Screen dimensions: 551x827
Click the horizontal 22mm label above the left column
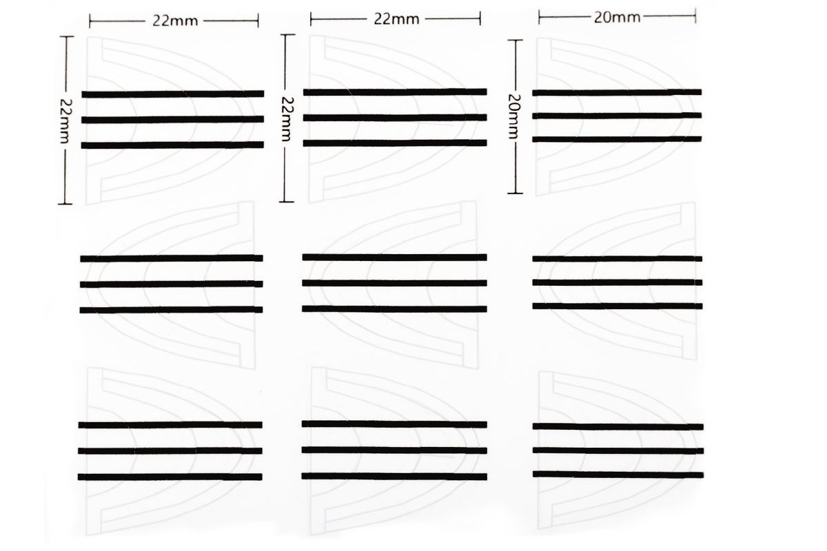pyautogui.click(x=175, y=21)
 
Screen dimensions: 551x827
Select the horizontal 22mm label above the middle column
pyautogui.click(x=396, y=19)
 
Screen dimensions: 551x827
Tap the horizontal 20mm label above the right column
pyautogui.click(x=617, y=17)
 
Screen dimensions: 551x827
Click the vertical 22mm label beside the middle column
pyautogui.click(x=287, y=118)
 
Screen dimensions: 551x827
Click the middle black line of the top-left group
pyautogui.click(x=172, y=119)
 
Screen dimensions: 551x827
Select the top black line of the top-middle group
pyautogui.click(x=395, y=92)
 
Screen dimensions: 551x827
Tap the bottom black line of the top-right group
pyautogui.click(x=617, y=138)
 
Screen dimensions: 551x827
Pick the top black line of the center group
pyautogui.click(x=395, y=257)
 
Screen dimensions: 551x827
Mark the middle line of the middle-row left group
pyautogui.click(x=172, y=284)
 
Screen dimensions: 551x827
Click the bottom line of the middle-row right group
pyautogui.click(x=617, y=306)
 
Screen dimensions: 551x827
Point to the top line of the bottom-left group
pyautogui.click(x=170, y=425)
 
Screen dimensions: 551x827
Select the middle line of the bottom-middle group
pyautogui.click(x=394, y=450)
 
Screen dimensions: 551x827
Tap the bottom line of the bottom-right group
pyautogui.click(x=618, y=474)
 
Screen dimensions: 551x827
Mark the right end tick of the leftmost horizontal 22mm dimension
pyautogui.click(x=258, y=21)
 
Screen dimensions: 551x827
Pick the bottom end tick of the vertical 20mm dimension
pyautogui.click(x=515, y=193)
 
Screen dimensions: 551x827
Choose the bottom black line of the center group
pyautogui.click(x=395, y=309)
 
